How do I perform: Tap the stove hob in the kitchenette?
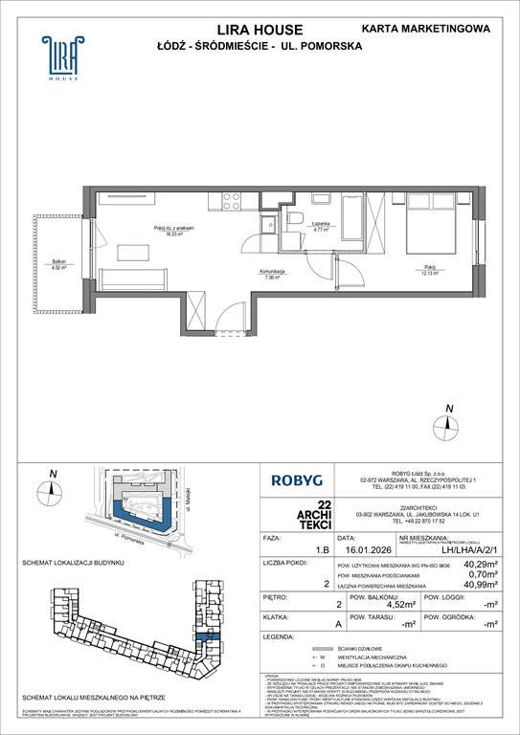[x=234, y=200]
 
